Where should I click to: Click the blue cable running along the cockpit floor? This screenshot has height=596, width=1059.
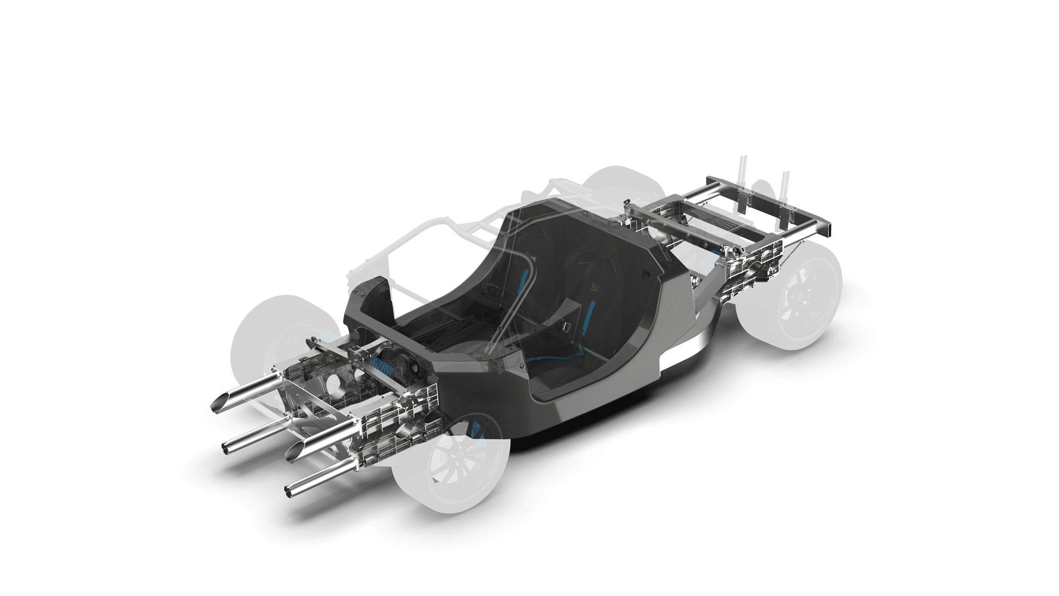pyautogui.click(x=555, y=358)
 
